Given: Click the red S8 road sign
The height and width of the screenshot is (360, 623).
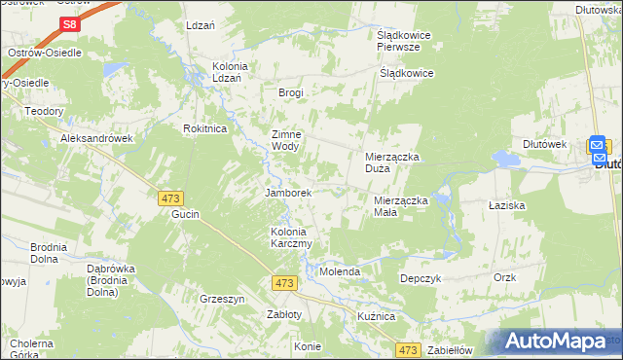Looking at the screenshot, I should click(68, 24).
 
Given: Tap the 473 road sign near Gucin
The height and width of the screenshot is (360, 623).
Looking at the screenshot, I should click(170, 198).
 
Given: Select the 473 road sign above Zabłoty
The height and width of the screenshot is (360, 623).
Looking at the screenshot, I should click(284, 282).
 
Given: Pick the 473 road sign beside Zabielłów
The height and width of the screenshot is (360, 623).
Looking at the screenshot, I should click(408, 349).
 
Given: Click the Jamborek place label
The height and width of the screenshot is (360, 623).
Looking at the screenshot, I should click(288, 193).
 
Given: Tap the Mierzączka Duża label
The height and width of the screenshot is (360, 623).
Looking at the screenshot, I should click(391, 162).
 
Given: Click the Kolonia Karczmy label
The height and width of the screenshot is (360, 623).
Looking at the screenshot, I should click(290, 237).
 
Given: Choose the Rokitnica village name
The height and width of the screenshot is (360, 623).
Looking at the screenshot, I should click(205, 128).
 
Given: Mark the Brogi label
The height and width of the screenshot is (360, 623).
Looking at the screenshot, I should click(291, 93).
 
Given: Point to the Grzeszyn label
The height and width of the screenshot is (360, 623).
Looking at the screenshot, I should click(221, 299).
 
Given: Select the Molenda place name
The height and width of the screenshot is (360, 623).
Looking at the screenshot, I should click(341, 272).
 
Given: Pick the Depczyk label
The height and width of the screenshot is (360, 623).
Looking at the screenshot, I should click(421, 278).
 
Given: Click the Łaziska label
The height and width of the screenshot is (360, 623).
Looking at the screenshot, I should click(507, 206).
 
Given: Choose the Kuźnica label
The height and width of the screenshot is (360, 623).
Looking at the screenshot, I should click(375, 317).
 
